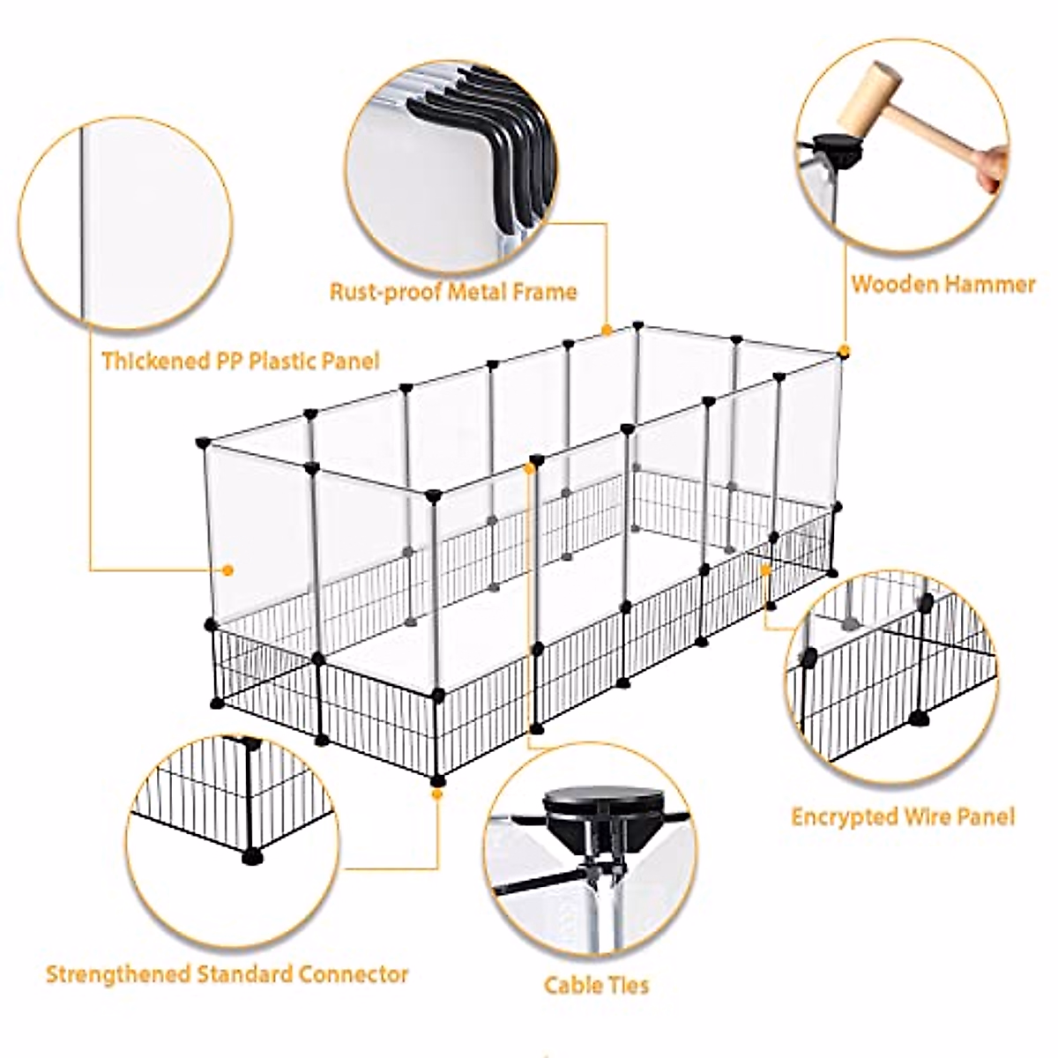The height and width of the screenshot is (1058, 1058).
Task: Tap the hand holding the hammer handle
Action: pyautogui.click(x=993, y=168)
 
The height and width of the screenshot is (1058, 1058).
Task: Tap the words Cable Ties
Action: pyautogui.click(x=596, y=984)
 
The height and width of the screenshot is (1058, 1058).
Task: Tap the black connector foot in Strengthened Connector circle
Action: pyautogui.click(x=255, y=853)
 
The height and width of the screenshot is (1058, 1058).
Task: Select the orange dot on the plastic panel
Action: pyautogui.click(x=228, y=570)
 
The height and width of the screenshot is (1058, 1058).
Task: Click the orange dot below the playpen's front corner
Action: pyautogui.click(x=436, y=793)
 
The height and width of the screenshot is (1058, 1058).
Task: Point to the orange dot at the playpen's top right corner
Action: pyautogui.click(x=844, y=351)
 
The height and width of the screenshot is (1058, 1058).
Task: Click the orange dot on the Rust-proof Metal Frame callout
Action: pyautogui.click(x=607, y=330)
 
